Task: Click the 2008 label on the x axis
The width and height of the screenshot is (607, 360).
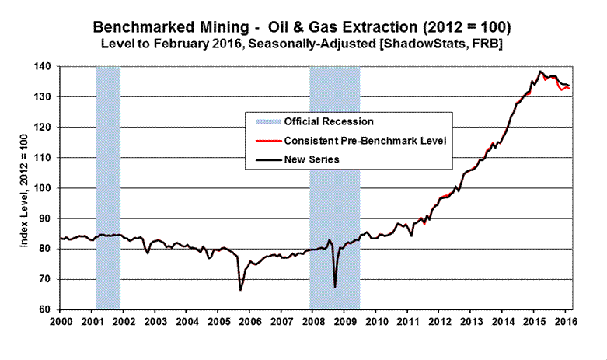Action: (312, 320)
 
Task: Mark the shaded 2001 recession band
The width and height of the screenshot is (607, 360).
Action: (108, 187)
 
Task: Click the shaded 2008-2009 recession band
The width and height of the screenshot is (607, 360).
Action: (335, 187)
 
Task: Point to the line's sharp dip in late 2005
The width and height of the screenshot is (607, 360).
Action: (240, 290)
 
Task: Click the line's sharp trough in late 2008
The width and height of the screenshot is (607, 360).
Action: (335, 287)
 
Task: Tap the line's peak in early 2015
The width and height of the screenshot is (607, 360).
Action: (540, 72)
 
